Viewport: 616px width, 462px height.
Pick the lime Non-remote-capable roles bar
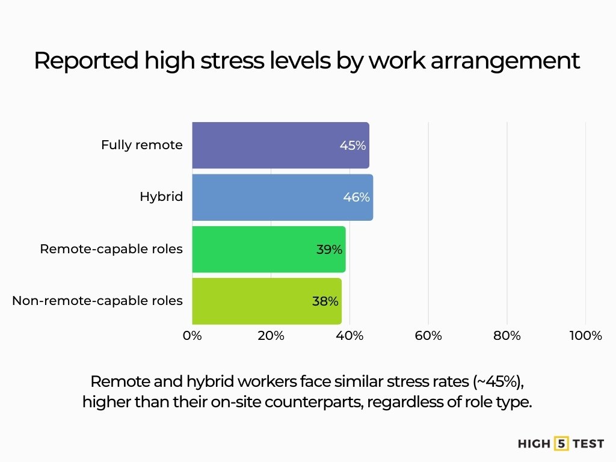[253, 301]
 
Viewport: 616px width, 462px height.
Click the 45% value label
[353, 145]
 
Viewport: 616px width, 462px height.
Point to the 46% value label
[356, 197]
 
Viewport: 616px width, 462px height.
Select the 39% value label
[329, 249]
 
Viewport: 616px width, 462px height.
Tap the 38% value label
[325, 301]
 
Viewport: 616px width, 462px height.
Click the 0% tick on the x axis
[192, 336]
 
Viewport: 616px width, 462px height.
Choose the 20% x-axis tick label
[271, 336]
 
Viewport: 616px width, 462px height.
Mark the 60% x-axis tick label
[428, 336]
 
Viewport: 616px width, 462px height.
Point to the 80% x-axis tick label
[507, 336]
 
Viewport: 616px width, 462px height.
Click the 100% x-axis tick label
[585, 336]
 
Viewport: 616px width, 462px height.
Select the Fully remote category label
[142, 145]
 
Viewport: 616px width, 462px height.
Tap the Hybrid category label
[161, 197]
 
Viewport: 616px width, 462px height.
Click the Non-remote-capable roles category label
[97, 301]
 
